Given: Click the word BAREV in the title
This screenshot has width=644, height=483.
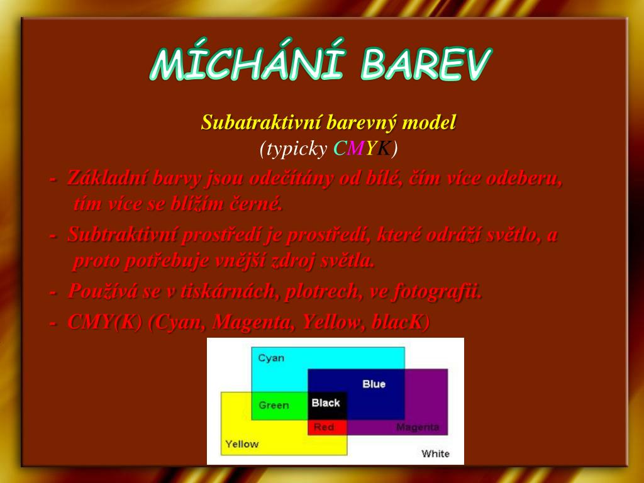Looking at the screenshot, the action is tap(426, 64).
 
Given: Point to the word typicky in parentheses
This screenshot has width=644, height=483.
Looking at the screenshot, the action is tap(297, 148).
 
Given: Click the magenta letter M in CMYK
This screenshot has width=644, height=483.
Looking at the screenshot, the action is tap(356, 148).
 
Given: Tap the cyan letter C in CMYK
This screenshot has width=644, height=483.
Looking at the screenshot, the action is tap(340, 148).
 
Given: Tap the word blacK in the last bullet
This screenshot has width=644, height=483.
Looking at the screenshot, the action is tap(400, 322).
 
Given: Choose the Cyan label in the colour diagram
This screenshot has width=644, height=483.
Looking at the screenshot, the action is tap(271, 358).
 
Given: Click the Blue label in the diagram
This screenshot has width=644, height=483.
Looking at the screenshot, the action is tap(374, 384).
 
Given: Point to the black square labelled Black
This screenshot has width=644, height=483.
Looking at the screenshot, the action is tap(327, 406).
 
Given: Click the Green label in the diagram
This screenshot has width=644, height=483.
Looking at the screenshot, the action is tap(274, 406).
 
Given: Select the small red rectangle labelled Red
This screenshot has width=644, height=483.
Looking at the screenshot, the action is tap(327, 427).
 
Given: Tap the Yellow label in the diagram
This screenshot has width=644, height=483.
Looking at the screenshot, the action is tap(242, 444).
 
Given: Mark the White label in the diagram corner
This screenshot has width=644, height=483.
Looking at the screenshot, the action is tap(435, 454).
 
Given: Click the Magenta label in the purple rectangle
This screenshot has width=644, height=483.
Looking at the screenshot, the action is tap(418, 428).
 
